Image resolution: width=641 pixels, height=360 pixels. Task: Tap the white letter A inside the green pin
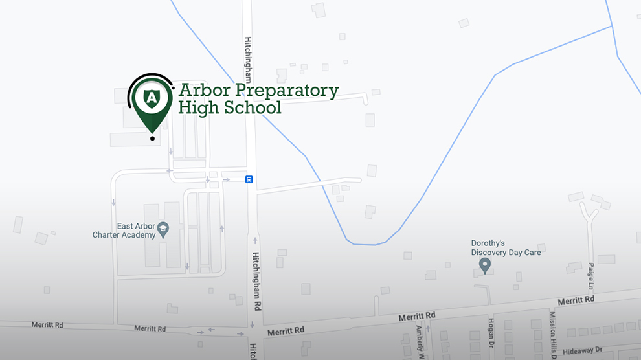152,98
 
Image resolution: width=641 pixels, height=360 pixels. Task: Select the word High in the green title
199,107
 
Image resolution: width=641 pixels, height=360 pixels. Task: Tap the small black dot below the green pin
152,138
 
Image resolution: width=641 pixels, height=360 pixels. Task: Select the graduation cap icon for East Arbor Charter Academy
163,229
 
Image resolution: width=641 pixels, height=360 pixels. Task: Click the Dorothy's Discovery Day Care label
506,248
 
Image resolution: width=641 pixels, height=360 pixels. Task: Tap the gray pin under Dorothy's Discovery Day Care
484,265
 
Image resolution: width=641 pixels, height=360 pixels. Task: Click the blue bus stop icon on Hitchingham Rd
249,179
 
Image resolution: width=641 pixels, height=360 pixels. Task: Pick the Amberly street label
420,341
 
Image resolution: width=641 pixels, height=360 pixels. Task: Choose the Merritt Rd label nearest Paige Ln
576,300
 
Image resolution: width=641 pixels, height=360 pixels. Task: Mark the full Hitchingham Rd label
256,279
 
